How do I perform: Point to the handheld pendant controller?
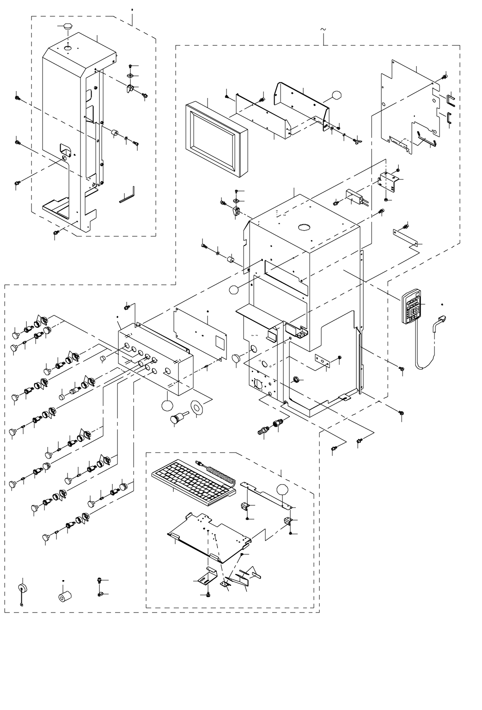click(412, 306)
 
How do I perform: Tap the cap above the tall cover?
click(67, 27)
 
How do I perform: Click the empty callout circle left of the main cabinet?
click(234, 290)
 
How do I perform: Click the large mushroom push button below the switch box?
click(177, 418)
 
